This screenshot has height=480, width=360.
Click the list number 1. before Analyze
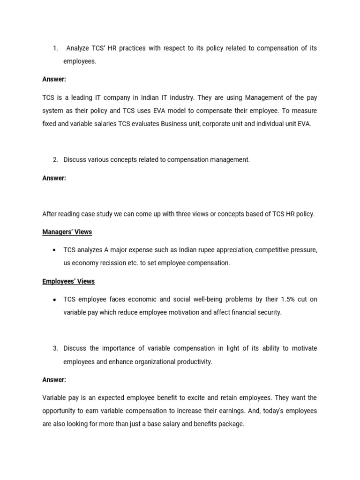coord(55,48)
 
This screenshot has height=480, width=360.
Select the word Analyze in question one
coord(78,48)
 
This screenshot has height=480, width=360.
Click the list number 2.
coord(55,160)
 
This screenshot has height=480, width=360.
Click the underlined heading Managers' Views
coord(67,232)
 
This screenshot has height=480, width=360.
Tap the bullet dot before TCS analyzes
coord(55,250)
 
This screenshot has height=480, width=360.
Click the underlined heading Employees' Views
coord(68,281)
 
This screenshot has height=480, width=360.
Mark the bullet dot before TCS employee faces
coord(55,300)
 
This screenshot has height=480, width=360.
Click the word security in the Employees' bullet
coord(269,312)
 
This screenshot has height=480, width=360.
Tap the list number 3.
coord(55,348)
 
